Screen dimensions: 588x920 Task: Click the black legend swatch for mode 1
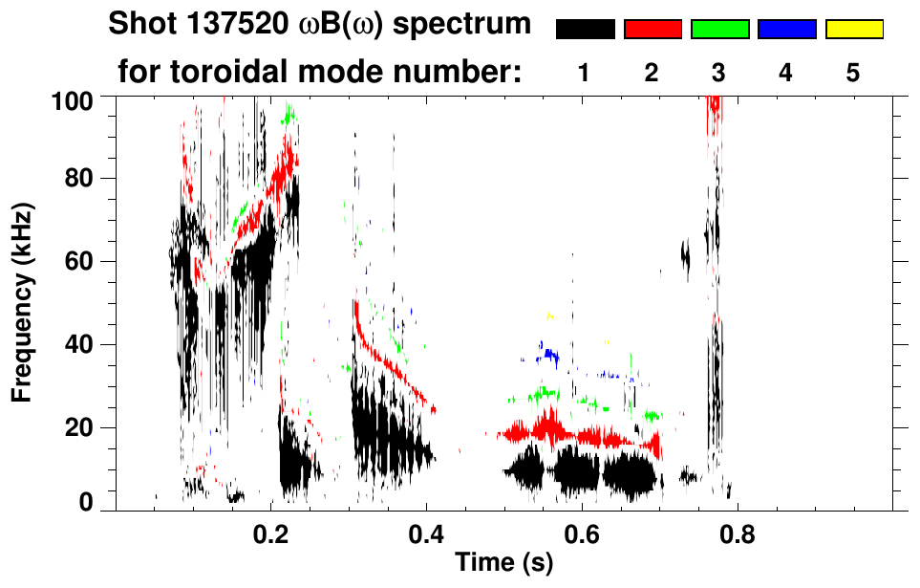585,30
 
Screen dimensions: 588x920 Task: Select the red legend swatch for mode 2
653,30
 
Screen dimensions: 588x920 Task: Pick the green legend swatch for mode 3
719,30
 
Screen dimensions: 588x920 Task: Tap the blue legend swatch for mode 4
786,30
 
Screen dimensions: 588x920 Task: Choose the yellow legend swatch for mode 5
854,30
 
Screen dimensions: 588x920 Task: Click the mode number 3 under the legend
719,73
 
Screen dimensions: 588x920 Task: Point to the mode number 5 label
853,73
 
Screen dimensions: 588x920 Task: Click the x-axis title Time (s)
503,563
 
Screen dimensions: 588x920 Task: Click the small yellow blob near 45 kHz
549,316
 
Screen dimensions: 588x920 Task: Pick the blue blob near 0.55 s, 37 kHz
548,356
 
